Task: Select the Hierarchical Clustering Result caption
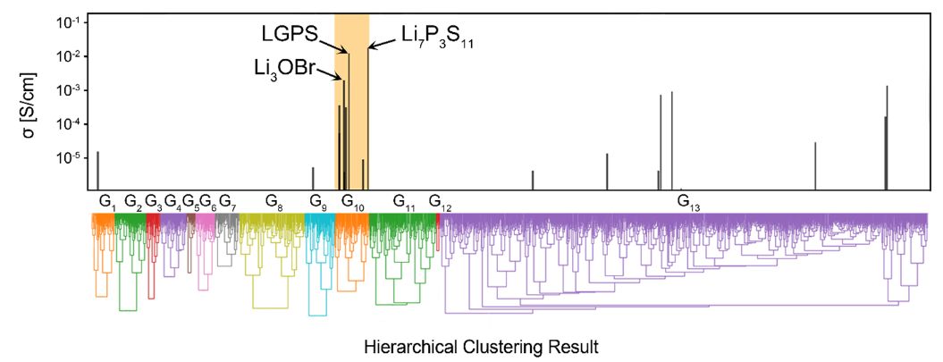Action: tap(481, 345)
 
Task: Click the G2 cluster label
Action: tap(132, 201)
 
